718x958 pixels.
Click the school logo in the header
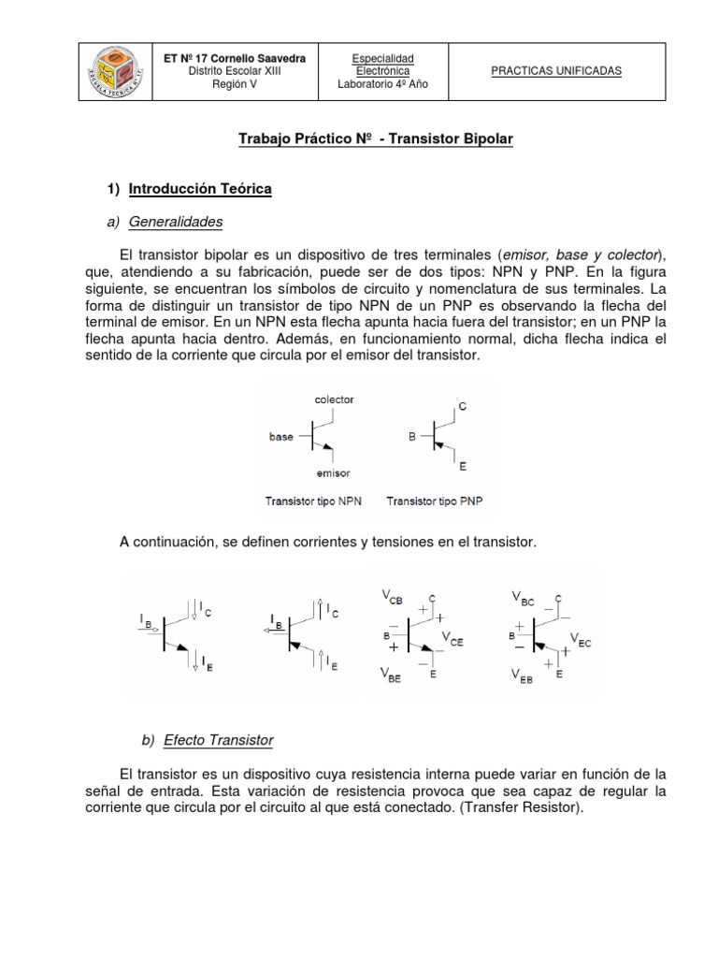point(114,70)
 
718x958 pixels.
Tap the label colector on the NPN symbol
point(334,399)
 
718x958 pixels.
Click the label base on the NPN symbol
point(281,436)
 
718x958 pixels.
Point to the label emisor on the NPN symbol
point(334,472)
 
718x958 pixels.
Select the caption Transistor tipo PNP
point(434,501)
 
